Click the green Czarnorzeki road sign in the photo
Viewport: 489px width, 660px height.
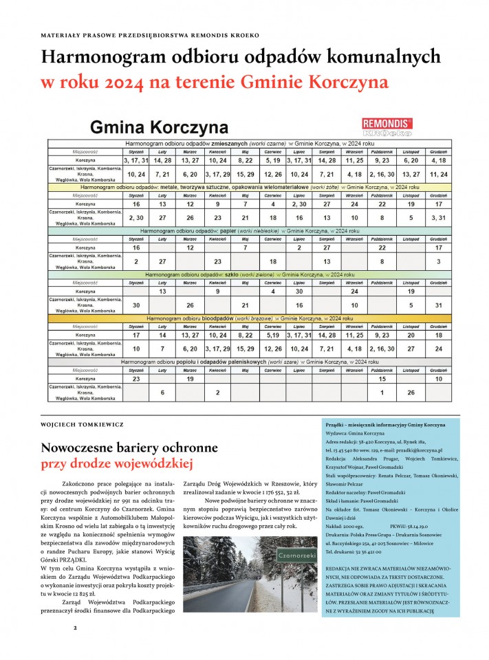click(276, 555)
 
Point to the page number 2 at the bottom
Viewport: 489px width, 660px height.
click(76, 628)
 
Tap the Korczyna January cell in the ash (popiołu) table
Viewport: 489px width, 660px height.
click(136, 379)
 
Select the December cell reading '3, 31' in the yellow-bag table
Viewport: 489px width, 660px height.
click(438, 217)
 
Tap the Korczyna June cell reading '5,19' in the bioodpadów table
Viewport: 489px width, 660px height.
click(273, 335)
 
